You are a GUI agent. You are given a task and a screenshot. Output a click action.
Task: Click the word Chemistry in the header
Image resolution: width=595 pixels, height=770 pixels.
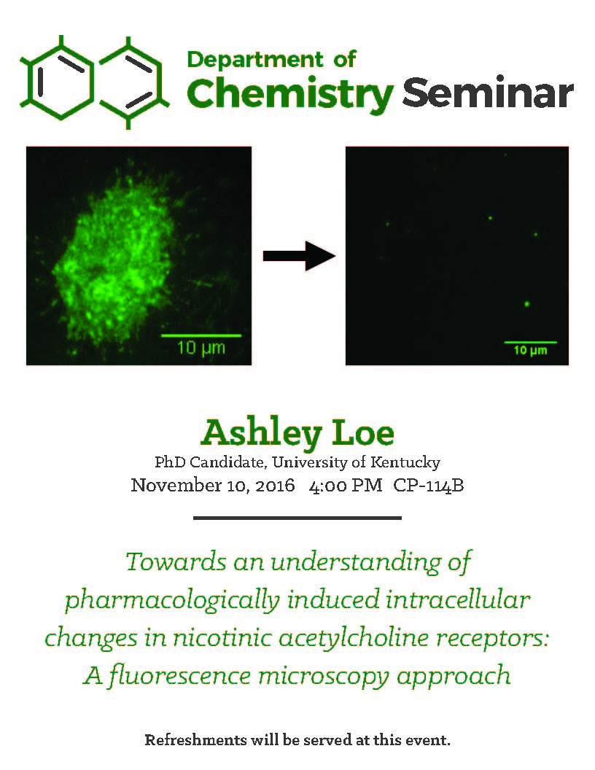click(290, 94)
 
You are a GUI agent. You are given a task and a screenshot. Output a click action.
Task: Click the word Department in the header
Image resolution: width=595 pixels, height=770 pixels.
click(254, 61)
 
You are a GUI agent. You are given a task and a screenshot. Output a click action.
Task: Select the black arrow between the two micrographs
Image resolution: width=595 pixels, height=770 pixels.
click(300, 256)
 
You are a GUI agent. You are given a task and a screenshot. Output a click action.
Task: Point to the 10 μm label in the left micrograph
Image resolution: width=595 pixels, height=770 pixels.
click(201, 348)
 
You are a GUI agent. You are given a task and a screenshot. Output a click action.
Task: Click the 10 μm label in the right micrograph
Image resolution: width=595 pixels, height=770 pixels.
click(530, 350)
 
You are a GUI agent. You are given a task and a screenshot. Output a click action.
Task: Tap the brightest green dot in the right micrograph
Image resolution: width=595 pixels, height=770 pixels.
click(526, 304)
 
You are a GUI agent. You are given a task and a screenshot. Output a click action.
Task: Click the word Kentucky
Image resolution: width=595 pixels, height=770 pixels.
click(405, 462)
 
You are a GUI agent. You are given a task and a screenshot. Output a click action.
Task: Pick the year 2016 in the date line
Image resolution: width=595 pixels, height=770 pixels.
click(275, 486)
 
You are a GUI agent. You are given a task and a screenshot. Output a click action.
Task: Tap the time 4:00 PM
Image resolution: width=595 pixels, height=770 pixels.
click(346, 486)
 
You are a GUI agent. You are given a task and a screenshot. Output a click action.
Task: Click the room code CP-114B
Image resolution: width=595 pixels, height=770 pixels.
click(429, 486)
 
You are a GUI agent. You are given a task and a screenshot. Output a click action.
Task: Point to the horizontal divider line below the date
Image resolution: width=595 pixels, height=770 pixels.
click(297, 518)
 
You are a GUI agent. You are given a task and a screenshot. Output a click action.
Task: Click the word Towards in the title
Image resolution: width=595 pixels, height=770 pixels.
click(176, 561)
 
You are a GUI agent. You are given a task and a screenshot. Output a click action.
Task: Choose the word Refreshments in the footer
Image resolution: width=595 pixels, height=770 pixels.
click(195, 739)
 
